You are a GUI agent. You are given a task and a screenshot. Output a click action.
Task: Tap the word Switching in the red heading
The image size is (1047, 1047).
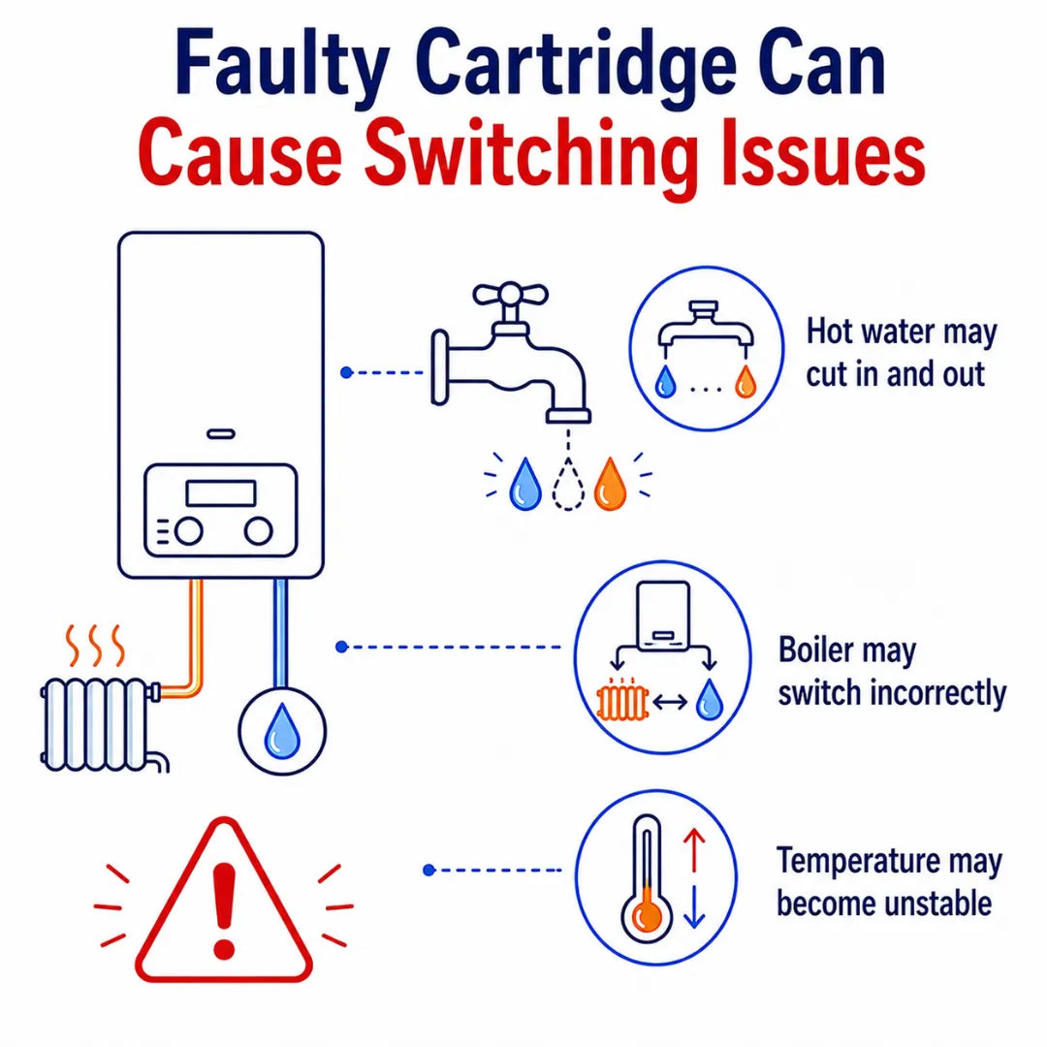coord(526,155)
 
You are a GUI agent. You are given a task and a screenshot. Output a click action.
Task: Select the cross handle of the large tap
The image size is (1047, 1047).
coord(510,295)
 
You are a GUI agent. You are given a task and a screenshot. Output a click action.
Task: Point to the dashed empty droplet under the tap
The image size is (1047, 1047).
coord(568,484)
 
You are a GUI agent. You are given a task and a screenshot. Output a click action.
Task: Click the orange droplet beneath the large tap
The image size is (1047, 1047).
coord(611,484)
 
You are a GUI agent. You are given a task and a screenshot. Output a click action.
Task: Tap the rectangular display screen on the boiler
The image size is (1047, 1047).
coord(221,493)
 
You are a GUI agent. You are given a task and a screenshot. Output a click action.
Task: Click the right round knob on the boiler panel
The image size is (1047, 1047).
coord(259,531)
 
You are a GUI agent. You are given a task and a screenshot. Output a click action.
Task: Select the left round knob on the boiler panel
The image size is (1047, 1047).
coord(189,531)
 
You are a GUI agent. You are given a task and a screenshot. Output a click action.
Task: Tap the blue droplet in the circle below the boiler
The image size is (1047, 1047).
coord(282,731)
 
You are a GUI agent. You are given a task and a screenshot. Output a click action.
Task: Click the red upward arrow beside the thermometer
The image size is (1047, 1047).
coord(694,850)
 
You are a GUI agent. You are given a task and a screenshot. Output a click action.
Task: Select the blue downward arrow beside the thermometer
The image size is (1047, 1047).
coord(694,906)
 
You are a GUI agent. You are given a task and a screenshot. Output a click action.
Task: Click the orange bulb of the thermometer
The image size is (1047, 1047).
coord(647,915)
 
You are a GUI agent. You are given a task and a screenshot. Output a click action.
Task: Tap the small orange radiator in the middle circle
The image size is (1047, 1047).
coord(622,701)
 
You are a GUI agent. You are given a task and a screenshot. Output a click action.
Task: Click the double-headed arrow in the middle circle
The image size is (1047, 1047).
coord(671,702)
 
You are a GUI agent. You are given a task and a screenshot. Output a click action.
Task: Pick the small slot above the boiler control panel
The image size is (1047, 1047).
coord(221,434)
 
